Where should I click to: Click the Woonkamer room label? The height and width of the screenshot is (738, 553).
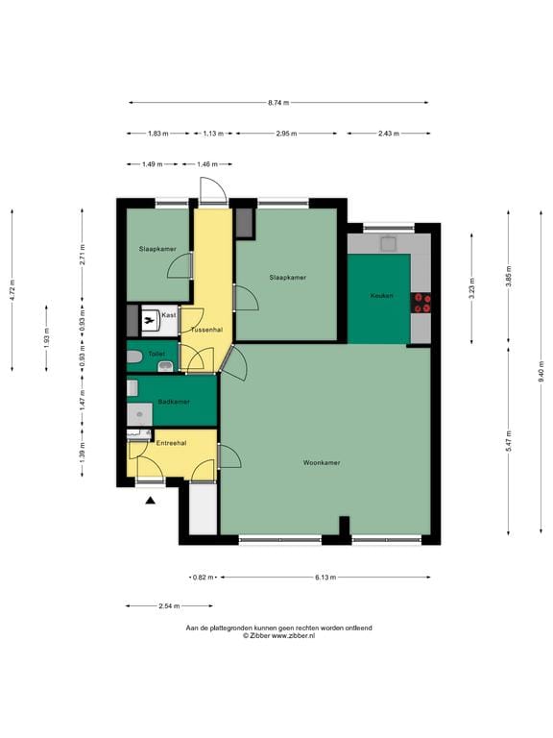322,462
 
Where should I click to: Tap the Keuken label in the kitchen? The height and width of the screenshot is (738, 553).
381,296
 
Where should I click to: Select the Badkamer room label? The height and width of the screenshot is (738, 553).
174,402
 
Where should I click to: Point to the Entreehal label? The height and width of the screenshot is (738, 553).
171,443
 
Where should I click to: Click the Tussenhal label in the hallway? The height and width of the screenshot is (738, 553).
206,330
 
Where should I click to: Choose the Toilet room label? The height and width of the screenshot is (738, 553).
156,354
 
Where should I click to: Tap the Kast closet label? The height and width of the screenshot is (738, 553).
169,314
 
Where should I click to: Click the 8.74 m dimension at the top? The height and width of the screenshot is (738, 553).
278,102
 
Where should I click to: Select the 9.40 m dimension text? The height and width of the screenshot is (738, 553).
541,371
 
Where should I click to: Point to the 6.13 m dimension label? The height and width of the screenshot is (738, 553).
325,577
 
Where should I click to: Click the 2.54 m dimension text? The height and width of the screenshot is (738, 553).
169,606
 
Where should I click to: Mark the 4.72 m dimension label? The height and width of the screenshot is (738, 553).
12,290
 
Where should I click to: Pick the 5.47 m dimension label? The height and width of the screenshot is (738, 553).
509,441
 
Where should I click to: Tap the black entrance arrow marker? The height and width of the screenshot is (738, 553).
150,501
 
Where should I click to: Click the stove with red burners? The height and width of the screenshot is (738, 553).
421,303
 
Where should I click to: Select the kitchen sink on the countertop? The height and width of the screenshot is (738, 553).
389,243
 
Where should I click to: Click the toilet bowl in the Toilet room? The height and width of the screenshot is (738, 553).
134,357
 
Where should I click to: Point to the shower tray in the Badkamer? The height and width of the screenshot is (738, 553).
139,415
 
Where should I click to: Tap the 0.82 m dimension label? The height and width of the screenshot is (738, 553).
204,577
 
